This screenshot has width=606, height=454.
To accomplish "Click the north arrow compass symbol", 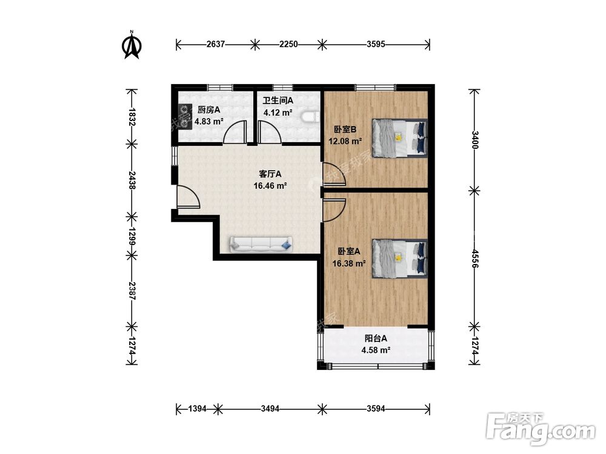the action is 132,45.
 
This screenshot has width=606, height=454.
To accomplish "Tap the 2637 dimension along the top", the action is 216,44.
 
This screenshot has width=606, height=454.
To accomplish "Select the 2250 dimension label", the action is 288,44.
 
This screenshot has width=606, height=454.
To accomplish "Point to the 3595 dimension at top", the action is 376,44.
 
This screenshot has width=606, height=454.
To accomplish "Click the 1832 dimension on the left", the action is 132,117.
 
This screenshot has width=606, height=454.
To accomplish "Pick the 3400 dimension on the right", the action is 474,140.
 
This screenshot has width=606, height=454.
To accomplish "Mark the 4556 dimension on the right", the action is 474,258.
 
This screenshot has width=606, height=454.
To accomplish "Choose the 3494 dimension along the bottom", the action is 270,409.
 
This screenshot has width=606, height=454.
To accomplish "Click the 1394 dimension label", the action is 197,409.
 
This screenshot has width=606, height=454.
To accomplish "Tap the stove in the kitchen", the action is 185,116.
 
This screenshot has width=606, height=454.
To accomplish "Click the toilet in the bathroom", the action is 311,117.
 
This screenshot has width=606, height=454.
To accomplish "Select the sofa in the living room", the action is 261,245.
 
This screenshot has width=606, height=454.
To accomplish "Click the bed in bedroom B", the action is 399,138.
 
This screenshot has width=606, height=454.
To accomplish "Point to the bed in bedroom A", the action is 399,258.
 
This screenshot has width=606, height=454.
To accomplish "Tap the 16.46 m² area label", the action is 270,186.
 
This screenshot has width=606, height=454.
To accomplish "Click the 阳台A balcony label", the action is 376,338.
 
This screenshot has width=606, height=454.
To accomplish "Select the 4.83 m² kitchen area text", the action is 209,121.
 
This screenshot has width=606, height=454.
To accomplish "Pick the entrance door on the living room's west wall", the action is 188,197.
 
